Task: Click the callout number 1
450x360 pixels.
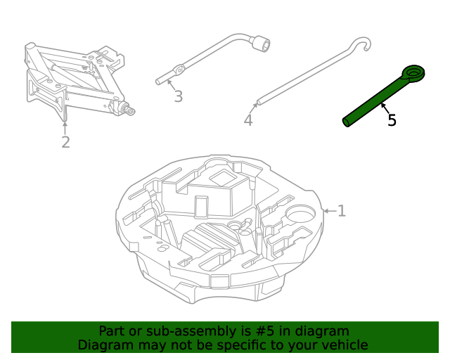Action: pos(342,211)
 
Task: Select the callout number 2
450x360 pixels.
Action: pos(65,143)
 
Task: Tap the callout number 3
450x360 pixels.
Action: pos(178,96)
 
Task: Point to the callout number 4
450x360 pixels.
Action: pos(247,121)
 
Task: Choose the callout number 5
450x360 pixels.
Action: pos(392,120)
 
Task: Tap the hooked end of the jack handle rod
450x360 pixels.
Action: pos(362,44)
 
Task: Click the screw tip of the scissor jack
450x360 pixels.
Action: pos(130,110)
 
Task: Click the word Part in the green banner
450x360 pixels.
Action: pos(111,331)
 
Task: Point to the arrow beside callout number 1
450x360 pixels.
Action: pos(328,211)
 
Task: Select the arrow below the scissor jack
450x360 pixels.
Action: pos(65,128)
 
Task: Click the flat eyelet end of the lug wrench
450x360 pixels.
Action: pos(179,70)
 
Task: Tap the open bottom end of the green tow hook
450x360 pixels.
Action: pos(346,123)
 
